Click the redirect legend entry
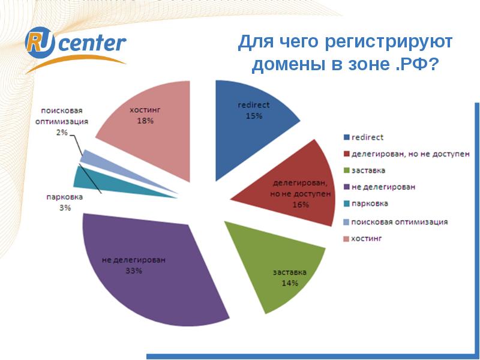point(367,137)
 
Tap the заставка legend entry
point(370,171)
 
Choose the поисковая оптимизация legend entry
point(400,221)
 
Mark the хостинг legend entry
point(367,238)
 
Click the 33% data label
point(133,271)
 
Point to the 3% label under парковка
point(65,208)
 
